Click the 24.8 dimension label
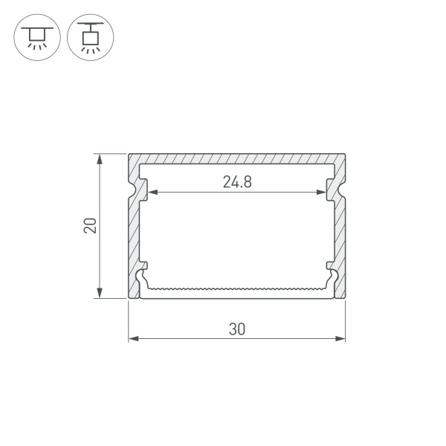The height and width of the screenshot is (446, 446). [x=237, y=182]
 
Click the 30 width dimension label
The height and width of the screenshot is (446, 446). [x=236, y=329]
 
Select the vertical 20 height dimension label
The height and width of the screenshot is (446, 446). [x=90, y=226]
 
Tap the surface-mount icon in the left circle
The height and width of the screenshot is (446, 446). [x=37, y=38]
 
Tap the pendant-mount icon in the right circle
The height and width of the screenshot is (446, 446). [x=91, y=38]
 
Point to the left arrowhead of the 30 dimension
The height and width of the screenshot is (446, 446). [x=133, y=338]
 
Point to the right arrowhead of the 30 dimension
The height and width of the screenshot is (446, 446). [x=340, y=338]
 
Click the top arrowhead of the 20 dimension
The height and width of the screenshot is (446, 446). [x=100, y=159]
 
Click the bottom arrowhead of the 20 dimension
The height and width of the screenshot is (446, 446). [x=100, y=293]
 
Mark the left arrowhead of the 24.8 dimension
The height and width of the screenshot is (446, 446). [x=152, y=193]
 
